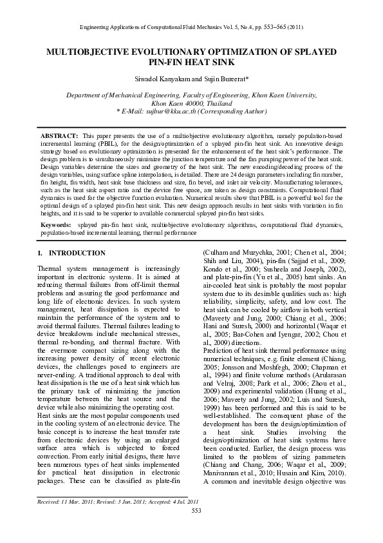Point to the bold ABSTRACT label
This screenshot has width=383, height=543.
60,137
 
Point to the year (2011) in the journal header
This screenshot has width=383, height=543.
294,26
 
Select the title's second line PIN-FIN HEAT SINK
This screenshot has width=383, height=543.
191,62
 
